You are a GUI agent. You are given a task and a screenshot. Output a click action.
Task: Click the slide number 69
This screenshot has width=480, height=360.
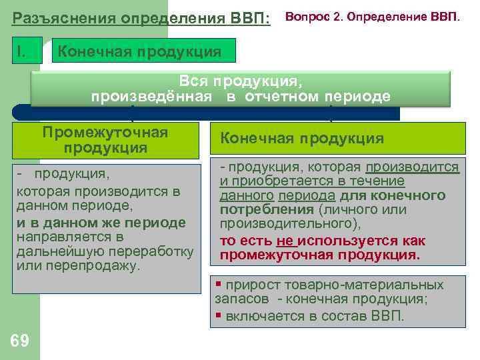[20, 341]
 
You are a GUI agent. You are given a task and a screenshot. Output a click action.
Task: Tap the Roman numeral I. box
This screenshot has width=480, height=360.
[27, 51]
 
